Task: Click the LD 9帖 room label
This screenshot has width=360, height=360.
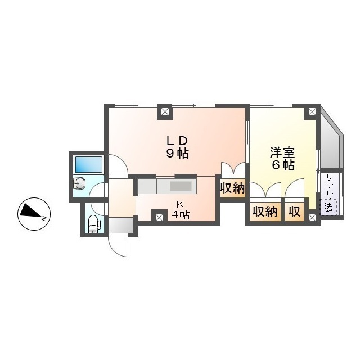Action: [x=175, y=147]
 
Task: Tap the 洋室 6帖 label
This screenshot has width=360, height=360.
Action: [x=282, y=158]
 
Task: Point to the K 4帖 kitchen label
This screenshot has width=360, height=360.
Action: [x=180, y=209]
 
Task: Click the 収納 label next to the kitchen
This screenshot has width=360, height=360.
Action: [x=232, y=188]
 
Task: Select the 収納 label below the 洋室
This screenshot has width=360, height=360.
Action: [x=264, y=212]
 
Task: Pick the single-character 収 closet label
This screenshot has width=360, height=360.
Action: [x=294, y=212]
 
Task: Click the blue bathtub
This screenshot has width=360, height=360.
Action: [x=89, y=164]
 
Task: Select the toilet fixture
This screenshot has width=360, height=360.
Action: [x=94, y=224]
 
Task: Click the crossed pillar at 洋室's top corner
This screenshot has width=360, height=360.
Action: [x=311, y=112]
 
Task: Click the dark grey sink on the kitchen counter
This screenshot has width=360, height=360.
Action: [x=181, y=186]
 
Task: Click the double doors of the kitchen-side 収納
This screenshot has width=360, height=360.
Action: [x=232, y=170]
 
